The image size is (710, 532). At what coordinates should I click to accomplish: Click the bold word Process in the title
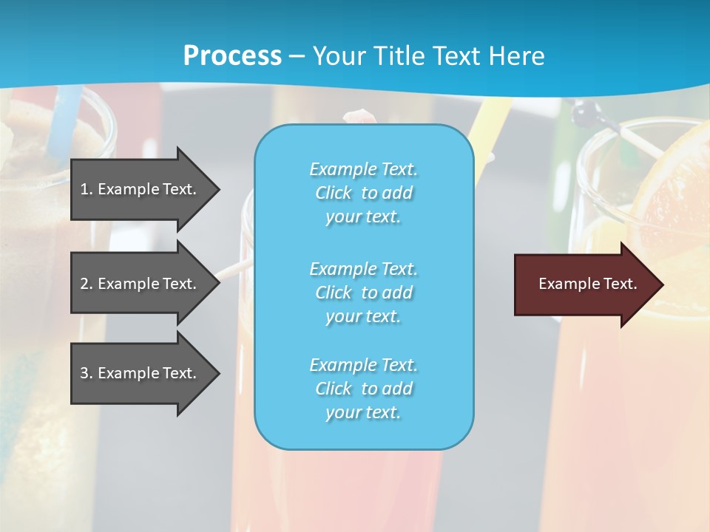[x=232, y=55]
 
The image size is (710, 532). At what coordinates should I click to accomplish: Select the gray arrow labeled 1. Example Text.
[x=141, y=189]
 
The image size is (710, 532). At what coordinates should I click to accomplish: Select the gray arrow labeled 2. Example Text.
[x=141, y=284]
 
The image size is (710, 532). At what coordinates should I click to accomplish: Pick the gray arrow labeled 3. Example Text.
[x=141, y=373]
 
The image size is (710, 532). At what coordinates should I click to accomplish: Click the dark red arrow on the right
[x=584, y=284]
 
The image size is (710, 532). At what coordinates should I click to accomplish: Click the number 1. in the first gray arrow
[x=86, y=189]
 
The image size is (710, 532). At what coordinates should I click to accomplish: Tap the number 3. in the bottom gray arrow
[x=86, y=373]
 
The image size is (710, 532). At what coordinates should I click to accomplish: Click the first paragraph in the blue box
[x=363, y=193]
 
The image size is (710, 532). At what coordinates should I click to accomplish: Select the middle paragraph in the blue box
[x=363, y=292]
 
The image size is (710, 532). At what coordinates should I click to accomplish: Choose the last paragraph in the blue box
[x=363, y=389]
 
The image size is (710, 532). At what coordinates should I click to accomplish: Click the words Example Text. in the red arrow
[x=587, y=284]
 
